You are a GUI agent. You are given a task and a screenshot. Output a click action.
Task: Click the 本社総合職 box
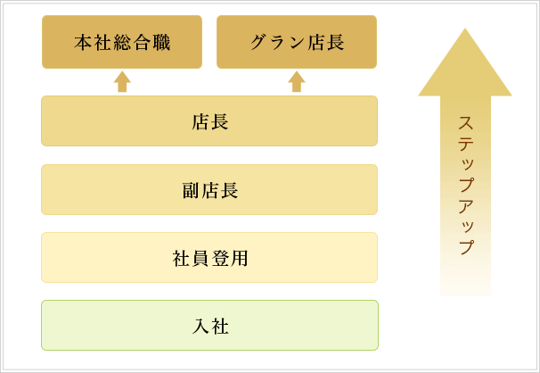pyautogui.click(x=122, y=42)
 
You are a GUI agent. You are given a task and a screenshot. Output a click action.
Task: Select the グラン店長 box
pyautogui.click(x=297, y=42)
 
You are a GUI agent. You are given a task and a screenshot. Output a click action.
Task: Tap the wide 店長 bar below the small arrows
pyautogui.click(x=209, y=121)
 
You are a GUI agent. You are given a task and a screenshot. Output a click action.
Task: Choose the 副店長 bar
pyautogui.click(x=209, y=189)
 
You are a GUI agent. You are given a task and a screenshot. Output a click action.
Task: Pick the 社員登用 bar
pyautogui.click(x=209, y=258)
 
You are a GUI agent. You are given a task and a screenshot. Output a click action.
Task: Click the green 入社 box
pyautogui.click(x=209, y=326)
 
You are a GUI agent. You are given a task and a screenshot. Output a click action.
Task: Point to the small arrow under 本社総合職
pyautogui.click(x=122, y=82)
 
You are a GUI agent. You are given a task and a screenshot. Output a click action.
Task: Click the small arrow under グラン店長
pyautogui.click(x=297, y=82)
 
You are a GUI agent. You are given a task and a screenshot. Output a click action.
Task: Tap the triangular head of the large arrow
pyautogui.click(x=465, y=65)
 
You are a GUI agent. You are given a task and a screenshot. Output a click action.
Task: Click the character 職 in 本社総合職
pyautogui.click(x=161, y=43)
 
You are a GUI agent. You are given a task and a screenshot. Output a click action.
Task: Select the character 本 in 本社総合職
pyautogui.click(x=83, y=43)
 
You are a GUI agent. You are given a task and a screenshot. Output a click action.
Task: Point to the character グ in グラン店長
pyautogui.click(x=259, y=43)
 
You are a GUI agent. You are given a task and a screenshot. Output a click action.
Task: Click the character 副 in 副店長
pyautogui.click(x=191, y=190)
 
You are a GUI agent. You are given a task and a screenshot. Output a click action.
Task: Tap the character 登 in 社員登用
pyautogui.click(x=220, y=258)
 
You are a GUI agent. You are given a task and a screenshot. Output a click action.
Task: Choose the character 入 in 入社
pyautogui.click(x=200, y=326)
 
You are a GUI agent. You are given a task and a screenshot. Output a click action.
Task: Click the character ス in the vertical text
pyautogui.click(x=466, y=123)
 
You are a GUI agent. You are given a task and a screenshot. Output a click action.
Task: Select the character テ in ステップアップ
pyautogui.click(x=466, y=144)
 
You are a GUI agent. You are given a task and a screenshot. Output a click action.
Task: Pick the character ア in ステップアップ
pyautogui.click(x=466, y=206)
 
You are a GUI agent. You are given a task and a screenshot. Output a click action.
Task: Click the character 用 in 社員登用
pyautogui.click(x=240, y=258)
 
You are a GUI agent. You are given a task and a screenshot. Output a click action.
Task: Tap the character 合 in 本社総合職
pyautogui.click(x=142, y=43)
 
